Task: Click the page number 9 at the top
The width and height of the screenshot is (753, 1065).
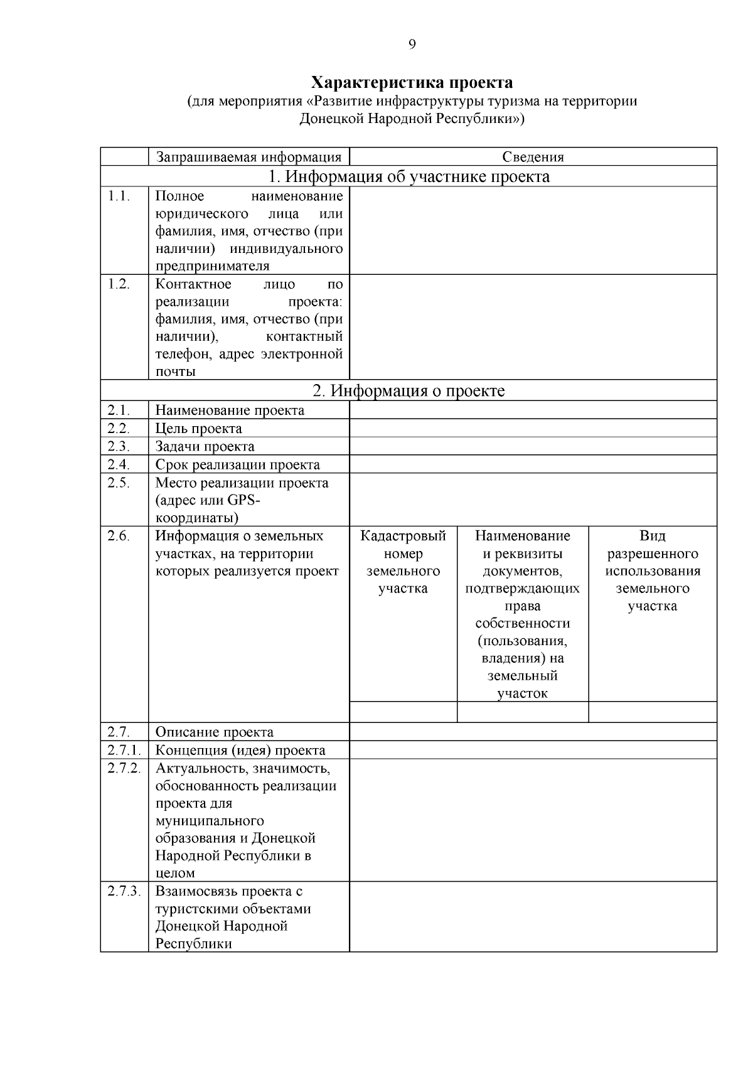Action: pyautogui.click(x=412, y=44)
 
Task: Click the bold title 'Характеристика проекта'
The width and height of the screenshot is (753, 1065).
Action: pyautogui.click(x=412, y=83)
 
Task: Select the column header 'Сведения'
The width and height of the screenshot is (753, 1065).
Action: pyautogui.click(x=533, y=157)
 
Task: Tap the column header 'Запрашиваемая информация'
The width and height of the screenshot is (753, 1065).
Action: pyautogui.click(x=248, y=157)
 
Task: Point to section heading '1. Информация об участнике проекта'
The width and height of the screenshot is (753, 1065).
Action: pyautogui.click(x=409, y=176)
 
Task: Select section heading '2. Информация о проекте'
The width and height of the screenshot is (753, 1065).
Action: pyautogui.click(x=409, y=391)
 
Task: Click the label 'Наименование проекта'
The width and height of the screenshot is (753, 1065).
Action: pyautogui.click(x=230, y=410)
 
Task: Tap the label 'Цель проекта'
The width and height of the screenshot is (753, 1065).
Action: pyautogui.click(x=198, y=429)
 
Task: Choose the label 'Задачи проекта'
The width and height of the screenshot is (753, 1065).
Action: pyautogui.click(x=205, y=447)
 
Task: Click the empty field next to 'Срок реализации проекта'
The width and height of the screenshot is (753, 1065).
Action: pyautogui.click(x=533, y=464)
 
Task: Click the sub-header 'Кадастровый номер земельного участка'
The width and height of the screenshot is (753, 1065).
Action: pyautogui.click(x=403, y=562)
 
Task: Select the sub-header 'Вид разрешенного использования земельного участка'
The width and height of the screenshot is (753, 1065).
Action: pyautogui.click(x=652, y=570)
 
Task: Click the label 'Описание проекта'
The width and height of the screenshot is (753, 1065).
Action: pyautogui.click(x=214, y=732)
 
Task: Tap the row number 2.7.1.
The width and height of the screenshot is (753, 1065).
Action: pyautogui.click(x=124, y=750)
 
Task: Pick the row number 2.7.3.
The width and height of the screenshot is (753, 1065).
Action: pyautogui.click(x=124, y=891)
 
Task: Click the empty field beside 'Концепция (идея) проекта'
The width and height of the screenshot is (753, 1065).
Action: pyautogui.click(x=533, y=750)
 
